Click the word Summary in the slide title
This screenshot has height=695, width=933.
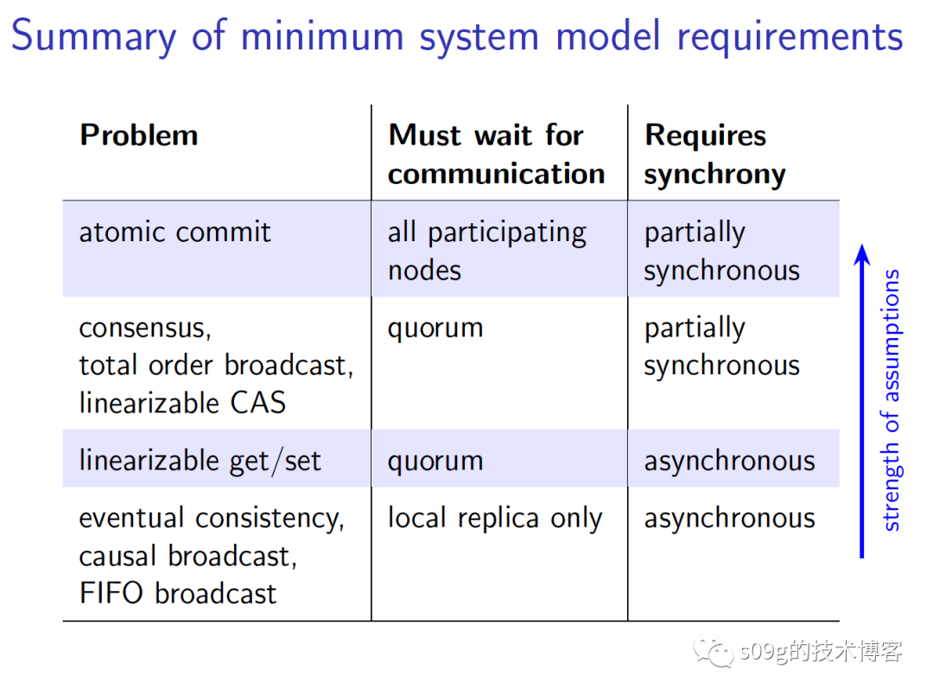coord(94,37)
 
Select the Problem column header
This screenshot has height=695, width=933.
coord(138,136)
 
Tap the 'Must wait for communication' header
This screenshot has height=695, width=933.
coord(496,154)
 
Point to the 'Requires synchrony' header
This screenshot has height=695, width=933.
coord(714,154)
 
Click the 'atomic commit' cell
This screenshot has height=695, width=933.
coord(175,233)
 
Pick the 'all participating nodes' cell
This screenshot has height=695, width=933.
coord(486,251)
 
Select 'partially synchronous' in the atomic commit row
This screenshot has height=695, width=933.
coord(721,251)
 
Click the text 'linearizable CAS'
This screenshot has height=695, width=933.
coord(182,403)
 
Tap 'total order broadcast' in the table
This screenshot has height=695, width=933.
coord(216,366)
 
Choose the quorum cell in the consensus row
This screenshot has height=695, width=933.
coord(435,328)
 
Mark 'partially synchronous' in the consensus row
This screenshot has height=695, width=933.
coord(721,347)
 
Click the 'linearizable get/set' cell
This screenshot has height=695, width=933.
coord(200,461)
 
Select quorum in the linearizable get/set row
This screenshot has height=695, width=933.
coord(435,461)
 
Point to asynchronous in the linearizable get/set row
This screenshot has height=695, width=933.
coord(729,461)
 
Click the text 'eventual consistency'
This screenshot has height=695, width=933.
coord(212,519)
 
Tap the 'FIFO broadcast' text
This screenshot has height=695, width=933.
coord(178,594)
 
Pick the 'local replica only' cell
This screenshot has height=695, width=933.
coord(494,519)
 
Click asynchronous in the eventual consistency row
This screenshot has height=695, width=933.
coord(729,519)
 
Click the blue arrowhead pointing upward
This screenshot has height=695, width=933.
coord(861,255)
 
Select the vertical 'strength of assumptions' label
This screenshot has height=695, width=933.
coord(891,399)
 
